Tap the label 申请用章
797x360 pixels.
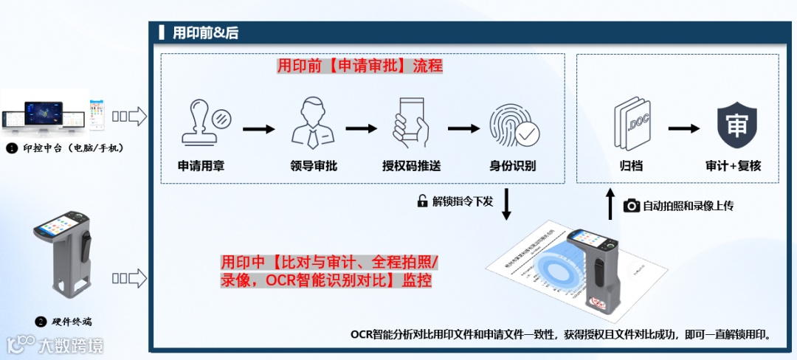tap(201, 166)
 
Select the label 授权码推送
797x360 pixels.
tap(412, 166)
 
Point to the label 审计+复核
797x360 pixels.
tap(733, 166)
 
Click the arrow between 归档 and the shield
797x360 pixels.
tap(683, 128)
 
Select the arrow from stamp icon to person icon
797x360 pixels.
tap(258, 129)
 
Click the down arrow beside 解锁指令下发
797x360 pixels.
tap(507, 204)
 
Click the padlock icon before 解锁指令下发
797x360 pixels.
tap(423, 201)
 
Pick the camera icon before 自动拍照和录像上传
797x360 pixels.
tap(631, 206)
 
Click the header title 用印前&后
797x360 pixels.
tap(205, 32)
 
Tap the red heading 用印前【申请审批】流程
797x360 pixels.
tap(359, 66)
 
